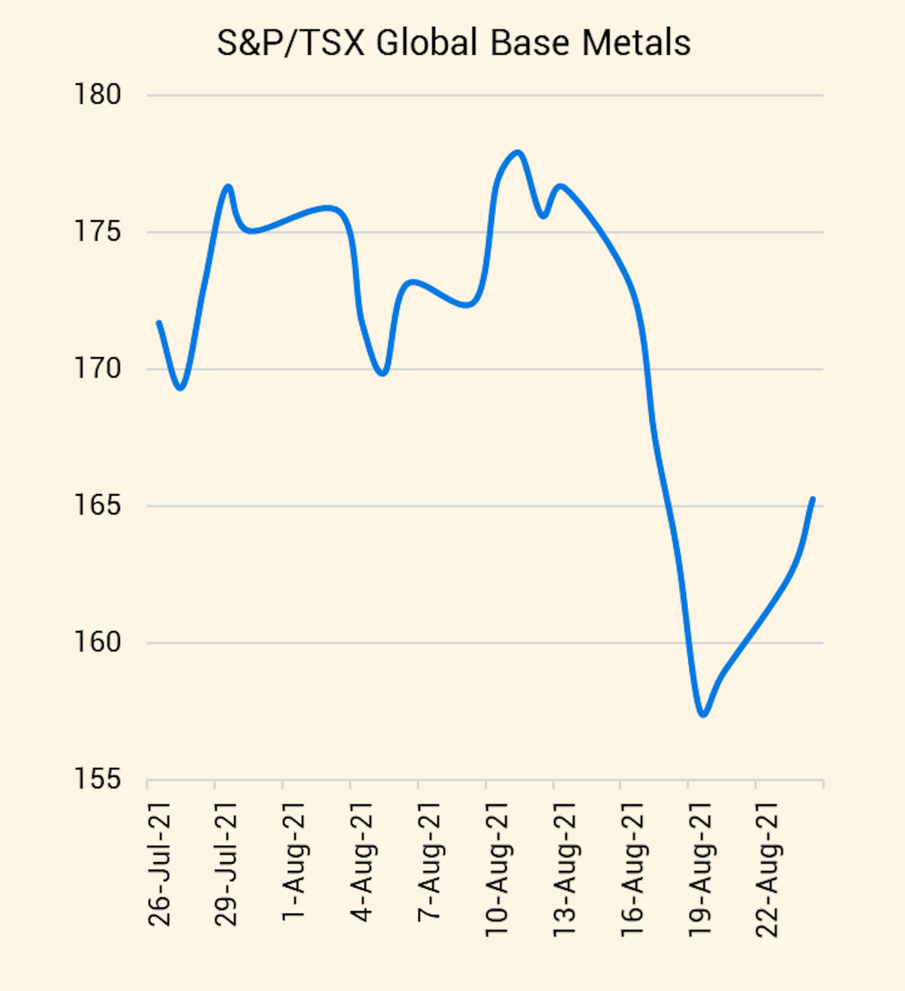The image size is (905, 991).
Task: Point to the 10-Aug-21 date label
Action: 496,870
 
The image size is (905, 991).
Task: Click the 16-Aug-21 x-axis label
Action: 632,870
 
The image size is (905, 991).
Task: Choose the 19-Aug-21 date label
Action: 700,870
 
